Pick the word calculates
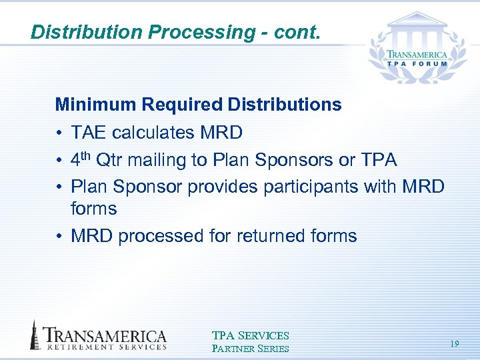(153, 133)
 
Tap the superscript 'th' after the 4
(88, 156)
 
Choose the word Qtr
(111, 161)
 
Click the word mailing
(159, 161)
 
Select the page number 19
(454, 343)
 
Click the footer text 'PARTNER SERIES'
(250, 349)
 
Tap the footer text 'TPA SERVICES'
(250, 336)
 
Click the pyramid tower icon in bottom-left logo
(35, 335)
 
